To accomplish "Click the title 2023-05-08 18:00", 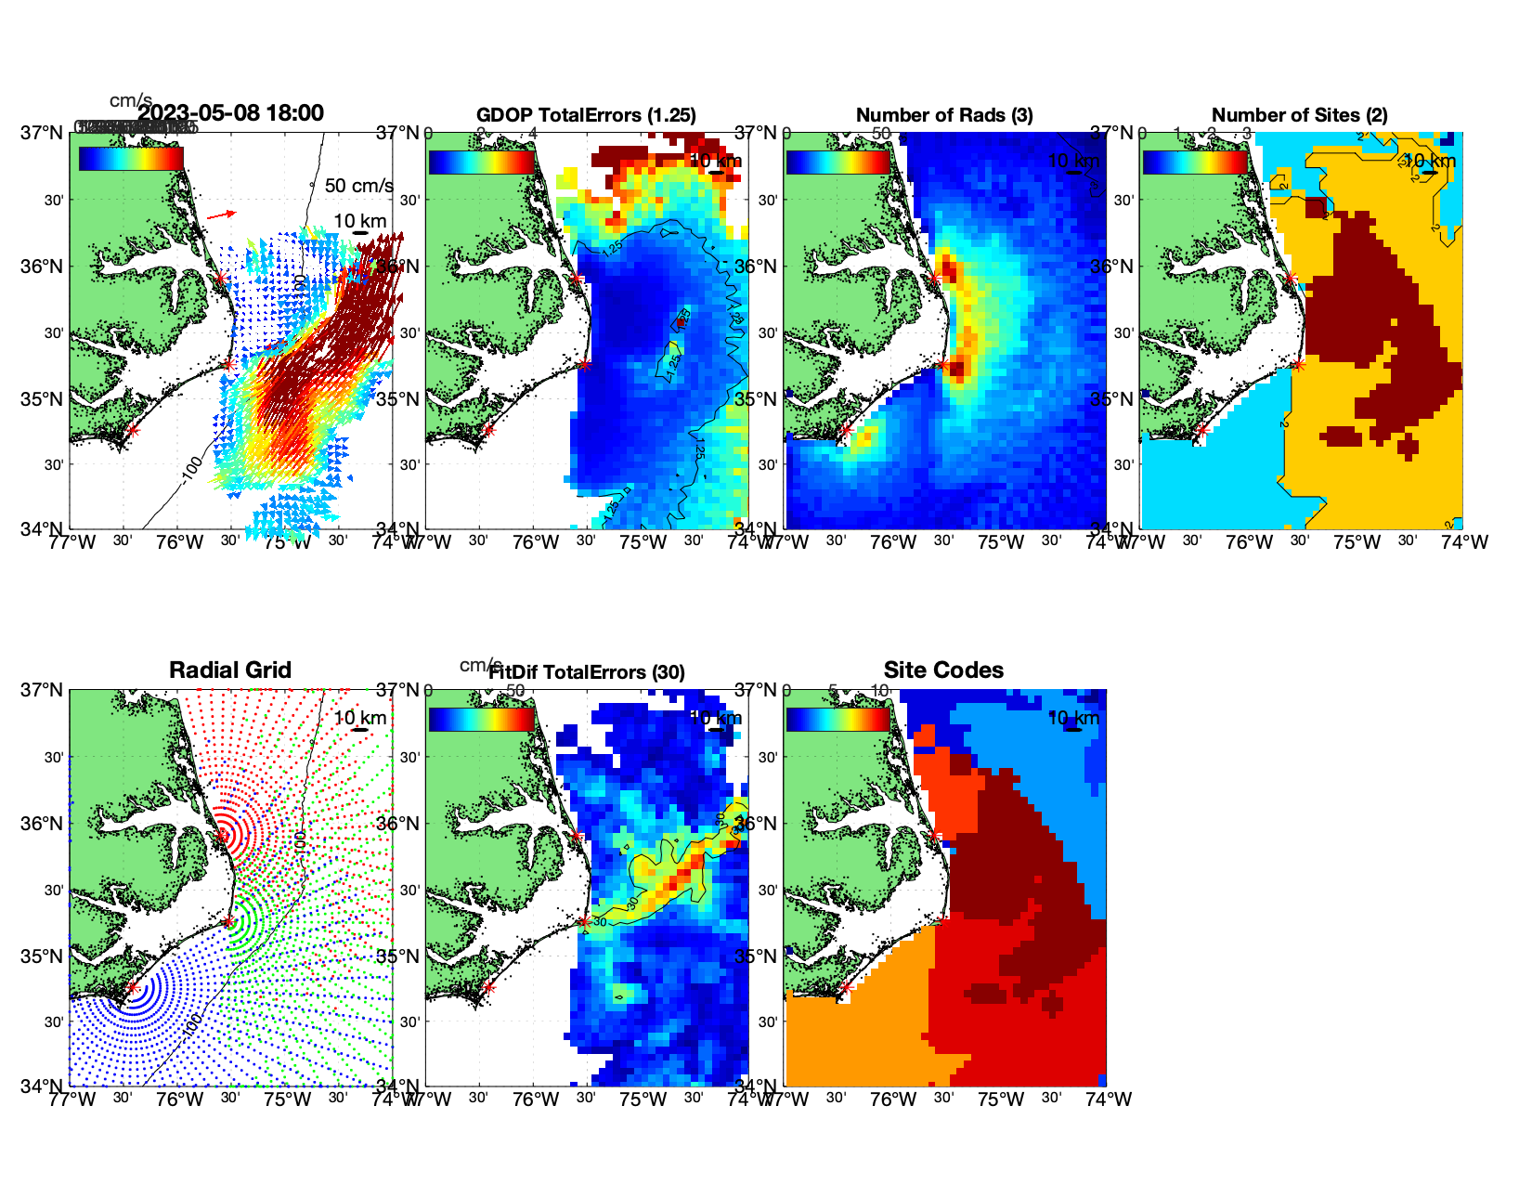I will pos(230,113).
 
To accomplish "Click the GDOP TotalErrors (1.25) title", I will pos(586,115).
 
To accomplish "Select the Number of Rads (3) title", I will pos(944,115).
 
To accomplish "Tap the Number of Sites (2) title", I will pos(1300,115).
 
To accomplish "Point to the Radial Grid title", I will pos(230,670).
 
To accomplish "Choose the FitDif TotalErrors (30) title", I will pos(587,672).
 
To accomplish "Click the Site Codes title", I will pos(943,670).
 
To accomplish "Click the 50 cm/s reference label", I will pos(358,186).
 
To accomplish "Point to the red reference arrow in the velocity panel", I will pos(221,215).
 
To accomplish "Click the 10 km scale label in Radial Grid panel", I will pos(360,718).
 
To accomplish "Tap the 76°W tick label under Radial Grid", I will pos(179,1099).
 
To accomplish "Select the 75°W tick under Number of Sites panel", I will pos(1357,542).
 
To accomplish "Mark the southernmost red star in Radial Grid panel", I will pos(132,988).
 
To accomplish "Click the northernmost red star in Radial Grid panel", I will pos(221,836).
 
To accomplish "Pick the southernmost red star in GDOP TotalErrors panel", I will pos(488,430).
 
